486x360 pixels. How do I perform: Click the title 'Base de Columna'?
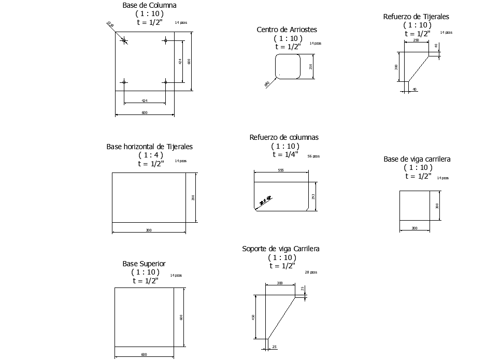tap(149, 5)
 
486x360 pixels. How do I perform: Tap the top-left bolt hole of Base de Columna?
tap(124, 40)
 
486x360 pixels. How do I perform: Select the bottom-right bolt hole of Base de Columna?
tap(165, 81)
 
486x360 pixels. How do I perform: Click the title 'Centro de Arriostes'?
tap(287, 30)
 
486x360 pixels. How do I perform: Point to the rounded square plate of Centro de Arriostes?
tap(288, 66)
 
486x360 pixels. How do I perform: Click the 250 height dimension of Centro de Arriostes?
tap(311, 66)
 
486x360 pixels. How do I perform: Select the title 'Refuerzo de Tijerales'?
tap(416, 17)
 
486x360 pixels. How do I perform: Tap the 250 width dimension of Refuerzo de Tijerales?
tap(416, 40)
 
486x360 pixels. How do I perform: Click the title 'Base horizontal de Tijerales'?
tap(149, 147)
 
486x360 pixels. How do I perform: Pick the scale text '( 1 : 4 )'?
tap(151, 155)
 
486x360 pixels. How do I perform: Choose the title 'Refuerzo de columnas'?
tap(284, 137)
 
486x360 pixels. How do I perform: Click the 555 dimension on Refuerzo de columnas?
tap(281, 170)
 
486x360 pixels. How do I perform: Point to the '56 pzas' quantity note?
tap(313, 156)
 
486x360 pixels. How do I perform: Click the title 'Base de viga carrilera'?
tap(417, 159)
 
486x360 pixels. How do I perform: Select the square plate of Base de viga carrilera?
tap(414, 205)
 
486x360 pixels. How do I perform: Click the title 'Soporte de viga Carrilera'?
tap(281, 249)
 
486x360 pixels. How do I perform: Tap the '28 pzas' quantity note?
tap(311, 272)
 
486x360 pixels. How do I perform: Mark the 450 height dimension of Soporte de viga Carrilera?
tap(254, 317)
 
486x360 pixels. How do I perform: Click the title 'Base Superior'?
tap(144, 264)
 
